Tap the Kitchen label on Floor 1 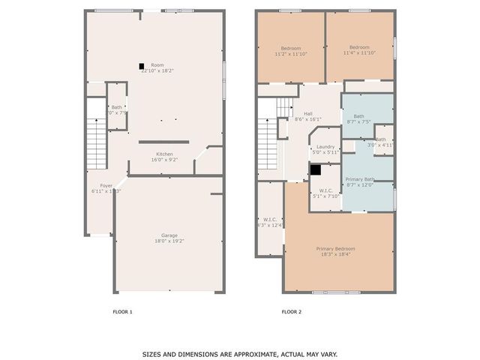(x=164, y=154)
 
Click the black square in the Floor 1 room (x=141, y=65)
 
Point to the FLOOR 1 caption (x=122, y=311)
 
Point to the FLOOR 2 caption (x=291, y=311)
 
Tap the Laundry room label (x=325, y=147)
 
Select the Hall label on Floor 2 (x=308, y=113)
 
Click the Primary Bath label (x=358, y=179)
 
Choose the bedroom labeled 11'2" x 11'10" (x=291, y=47)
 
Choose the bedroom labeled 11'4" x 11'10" (x=358, y=47)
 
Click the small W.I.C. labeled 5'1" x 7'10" (x=325, y=190)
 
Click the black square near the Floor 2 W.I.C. (x=315, y=170)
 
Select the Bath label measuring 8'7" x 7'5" (x=358, y=116)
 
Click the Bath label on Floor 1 (x=116, y=107)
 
